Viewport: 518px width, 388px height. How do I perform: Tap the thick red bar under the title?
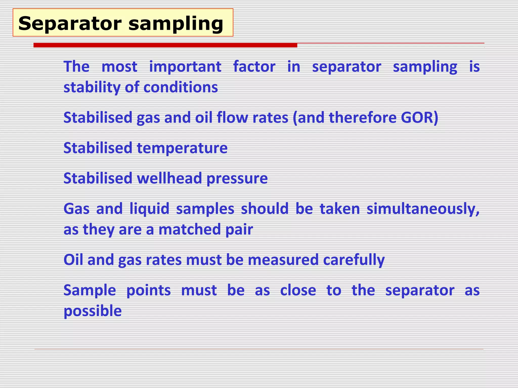click(x=165, y=45)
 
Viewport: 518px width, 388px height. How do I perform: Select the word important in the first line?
click(x=185, y=67)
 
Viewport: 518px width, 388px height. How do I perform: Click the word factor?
click(x=254, y=67)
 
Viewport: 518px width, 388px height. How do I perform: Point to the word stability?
click(x=92, y=88)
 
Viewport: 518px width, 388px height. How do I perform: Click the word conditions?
click(x=181, y=87)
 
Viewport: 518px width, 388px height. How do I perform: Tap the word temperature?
click(x=182, y=148)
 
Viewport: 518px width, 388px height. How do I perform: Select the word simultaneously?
click(x=423, y=209)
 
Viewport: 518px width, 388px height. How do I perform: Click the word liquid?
click(x=149, y=209)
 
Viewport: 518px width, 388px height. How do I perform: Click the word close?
click(x=298, y=290)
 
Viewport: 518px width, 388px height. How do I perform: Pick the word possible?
click(x=93, y=311)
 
